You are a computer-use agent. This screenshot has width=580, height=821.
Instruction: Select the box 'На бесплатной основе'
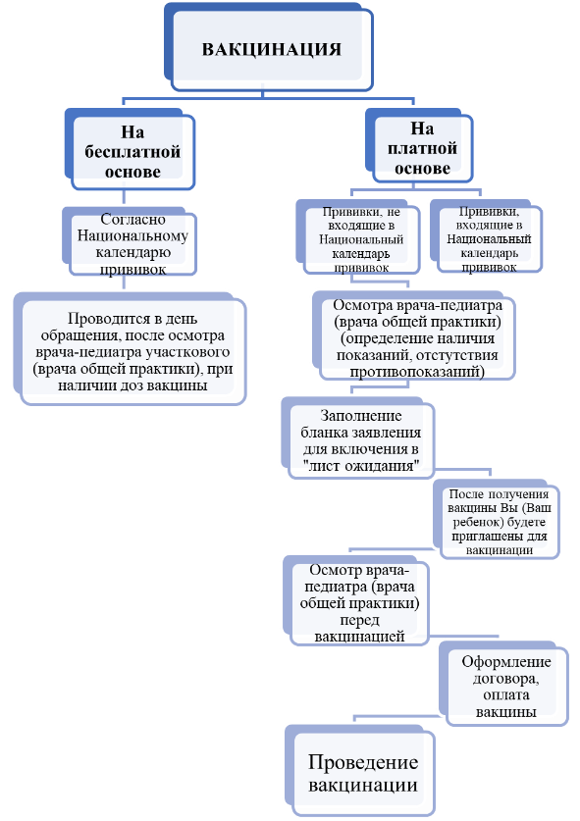(130, 149)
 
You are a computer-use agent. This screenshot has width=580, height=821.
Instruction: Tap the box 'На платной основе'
(419, 146)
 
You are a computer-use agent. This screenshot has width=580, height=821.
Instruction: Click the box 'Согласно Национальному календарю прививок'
(130, 242)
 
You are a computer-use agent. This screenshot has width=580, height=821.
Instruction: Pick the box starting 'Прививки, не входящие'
(358, 237)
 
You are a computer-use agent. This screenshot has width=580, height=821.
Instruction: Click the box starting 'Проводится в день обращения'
(130, 349)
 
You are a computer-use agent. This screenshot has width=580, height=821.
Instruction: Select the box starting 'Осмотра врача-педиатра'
(414, 336)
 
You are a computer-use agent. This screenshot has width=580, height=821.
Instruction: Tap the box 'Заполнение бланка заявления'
(358, 438)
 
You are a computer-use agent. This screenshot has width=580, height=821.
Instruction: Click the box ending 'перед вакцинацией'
(356, 601)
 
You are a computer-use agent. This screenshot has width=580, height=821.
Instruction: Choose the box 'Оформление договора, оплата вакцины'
(503, 684)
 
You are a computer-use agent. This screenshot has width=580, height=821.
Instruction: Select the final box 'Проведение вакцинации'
(360, 771)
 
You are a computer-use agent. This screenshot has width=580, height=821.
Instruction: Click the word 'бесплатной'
(132, 152)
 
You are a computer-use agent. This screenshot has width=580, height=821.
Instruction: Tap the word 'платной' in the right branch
(422, 149)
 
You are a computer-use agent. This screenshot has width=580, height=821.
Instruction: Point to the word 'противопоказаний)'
(417, 372)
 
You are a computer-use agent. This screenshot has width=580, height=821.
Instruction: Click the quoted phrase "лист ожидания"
(361, 466)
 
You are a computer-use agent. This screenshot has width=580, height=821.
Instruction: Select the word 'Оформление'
(506, 662)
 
